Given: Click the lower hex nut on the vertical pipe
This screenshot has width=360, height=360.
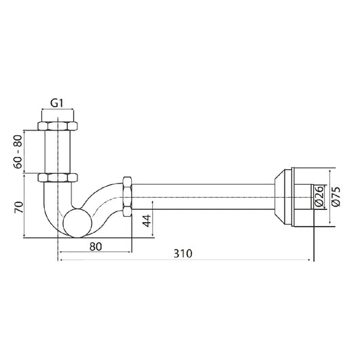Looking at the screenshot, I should coord(58,178).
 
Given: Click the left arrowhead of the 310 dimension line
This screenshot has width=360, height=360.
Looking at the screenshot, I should coord(61,259).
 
